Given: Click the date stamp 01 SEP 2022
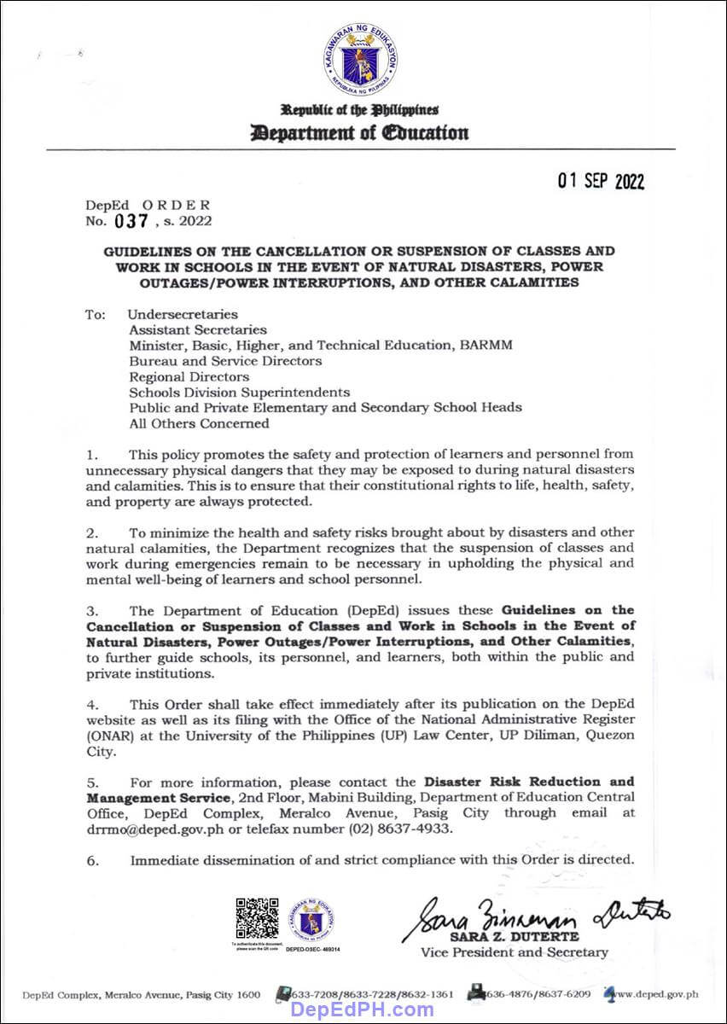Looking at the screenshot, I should (602, 181).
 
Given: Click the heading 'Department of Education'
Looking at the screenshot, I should (359, 132).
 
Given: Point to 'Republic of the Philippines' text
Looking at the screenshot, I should (359, 110).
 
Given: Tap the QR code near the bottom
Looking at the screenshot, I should (257, 918).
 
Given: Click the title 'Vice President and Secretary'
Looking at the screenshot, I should (515, 952).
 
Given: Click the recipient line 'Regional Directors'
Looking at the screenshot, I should (189, 376).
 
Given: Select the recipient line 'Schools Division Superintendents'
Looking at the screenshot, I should (239, 392).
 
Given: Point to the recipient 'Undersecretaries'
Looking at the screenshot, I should (183, 315).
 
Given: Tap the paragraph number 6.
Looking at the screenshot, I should (92, 860).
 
